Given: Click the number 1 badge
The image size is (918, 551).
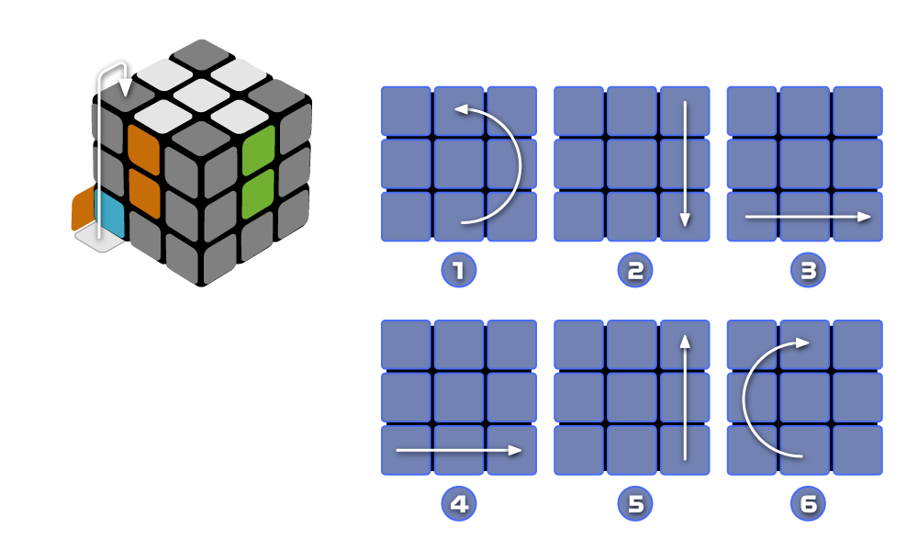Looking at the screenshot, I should click(x=458, y=271).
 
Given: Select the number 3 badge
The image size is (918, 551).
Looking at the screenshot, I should click(x=808, y=271).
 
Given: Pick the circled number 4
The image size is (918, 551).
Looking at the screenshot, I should click(x=458, y=504).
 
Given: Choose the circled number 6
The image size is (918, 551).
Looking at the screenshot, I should click(x=808, y=504).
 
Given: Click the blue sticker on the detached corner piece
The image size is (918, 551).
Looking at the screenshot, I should click(x=109, y=211).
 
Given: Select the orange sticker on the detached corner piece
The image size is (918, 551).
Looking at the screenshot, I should click(x=83, y=209).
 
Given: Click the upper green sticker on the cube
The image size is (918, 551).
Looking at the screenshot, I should click(x=259, y=150).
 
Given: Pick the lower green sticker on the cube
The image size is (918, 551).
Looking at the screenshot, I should click(x=258, y=194).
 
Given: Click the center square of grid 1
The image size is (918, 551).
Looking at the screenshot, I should click(x=458, y=163).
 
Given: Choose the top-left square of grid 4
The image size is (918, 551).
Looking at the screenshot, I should click(x=405, y=344).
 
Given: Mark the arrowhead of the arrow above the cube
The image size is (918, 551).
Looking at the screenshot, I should click(x=125, y=90).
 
